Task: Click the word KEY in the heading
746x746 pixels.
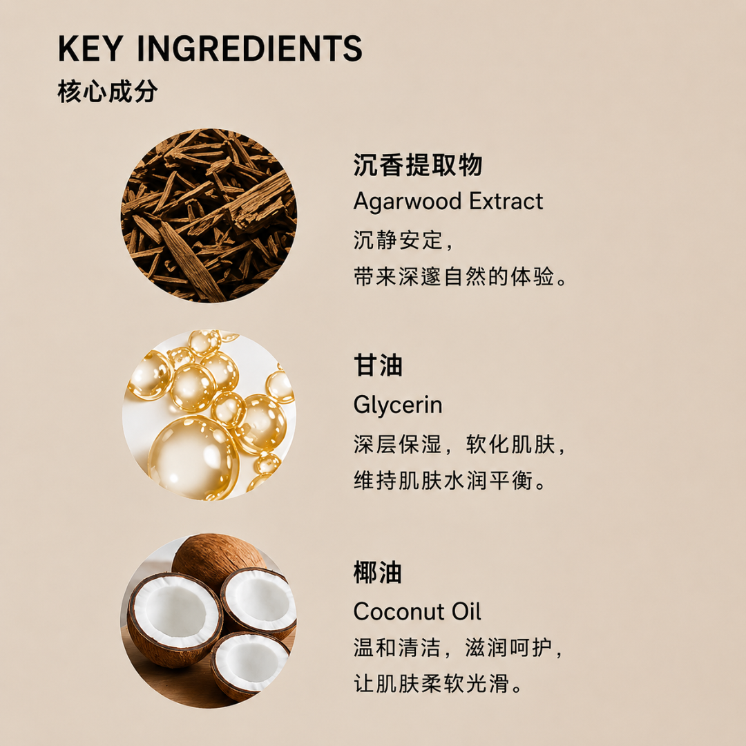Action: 90,48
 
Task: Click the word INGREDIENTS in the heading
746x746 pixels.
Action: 250,48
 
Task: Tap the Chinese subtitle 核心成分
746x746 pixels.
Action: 108,91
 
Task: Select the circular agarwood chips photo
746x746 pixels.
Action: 209,216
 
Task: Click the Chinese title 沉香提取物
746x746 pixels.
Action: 418,164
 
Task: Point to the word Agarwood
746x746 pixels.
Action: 408,202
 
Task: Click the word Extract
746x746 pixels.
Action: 506,201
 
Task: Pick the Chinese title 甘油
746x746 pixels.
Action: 378,365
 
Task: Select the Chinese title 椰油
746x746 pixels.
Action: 378,572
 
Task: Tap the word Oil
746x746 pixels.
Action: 466,611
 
